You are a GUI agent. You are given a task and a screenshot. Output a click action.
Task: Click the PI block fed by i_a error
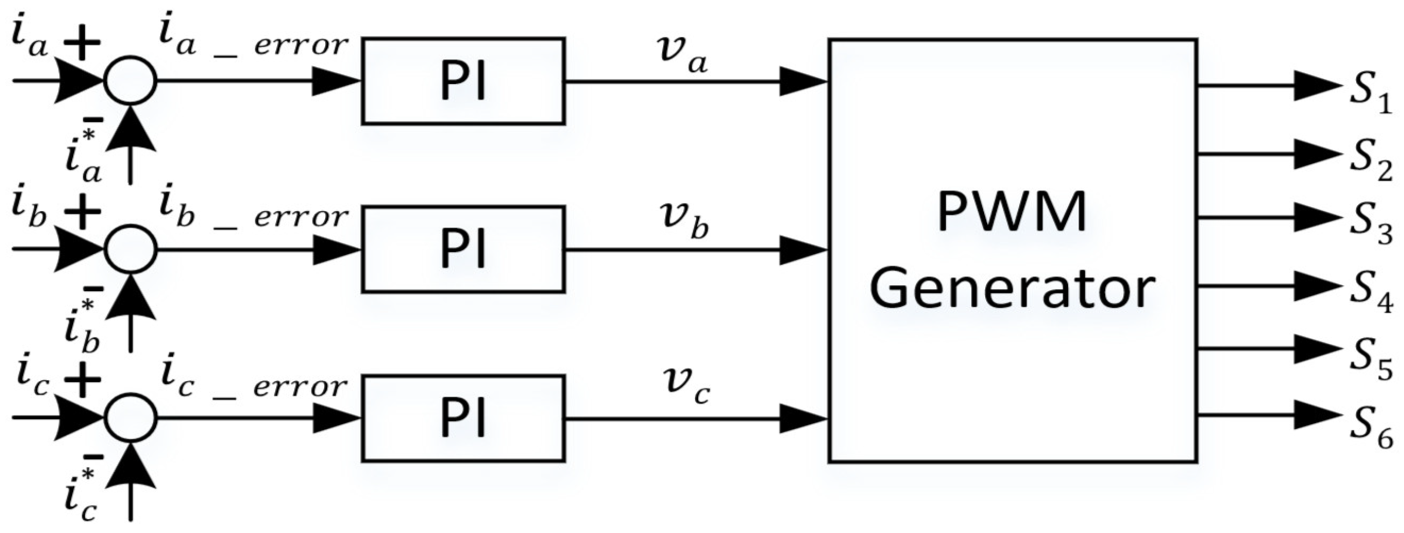point(463,81)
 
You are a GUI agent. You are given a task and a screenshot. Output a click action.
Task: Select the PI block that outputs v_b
point(463,249)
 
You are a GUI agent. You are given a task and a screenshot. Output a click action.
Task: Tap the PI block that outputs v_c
point(463,418)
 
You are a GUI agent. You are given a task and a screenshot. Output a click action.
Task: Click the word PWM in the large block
point(1011,214)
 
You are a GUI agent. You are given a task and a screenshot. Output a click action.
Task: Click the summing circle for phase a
point(130,81)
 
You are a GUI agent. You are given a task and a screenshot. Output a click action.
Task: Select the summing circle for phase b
point(130,249)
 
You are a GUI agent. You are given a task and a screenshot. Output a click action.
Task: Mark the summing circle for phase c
point(130,418)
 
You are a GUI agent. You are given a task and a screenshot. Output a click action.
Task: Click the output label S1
point(1369,102)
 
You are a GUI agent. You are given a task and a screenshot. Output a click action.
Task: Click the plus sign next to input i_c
point(82,380)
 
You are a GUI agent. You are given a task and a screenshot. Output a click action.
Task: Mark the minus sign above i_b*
point(94,287)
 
